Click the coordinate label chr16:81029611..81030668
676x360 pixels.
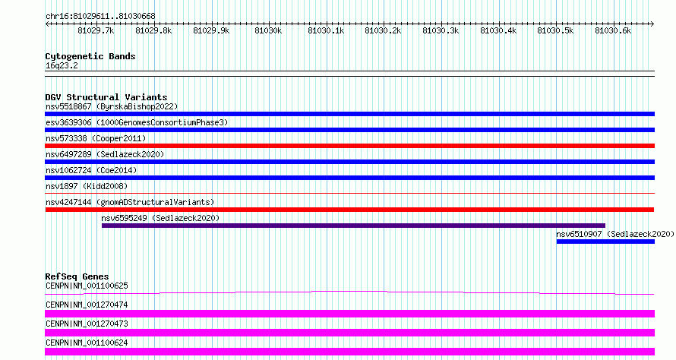pos(100,17)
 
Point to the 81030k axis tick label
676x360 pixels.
pos(268,30)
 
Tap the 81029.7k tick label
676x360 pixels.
pos(96,30)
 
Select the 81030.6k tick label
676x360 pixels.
pos(613,30)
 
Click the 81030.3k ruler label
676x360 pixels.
pos(441,30)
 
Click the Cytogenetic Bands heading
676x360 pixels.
pos(90,56)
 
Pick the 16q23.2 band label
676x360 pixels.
pos(62,65)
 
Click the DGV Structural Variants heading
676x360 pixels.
pos(106,97)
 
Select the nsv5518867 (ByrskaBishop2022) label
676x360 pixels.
pos(112,106)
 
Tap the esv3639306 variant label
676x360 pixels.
pos(68,122)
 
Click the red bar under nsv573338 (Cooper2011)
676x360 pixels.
pos(349,146)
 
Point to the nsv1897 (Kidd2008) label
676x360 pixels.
pos(87,186)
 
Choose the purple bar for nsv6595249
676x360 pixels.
pos(353,226)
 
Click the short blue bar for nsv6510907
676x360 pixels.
pos(605,242)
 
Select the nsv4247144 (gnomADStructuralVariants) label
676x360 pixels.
pos(130,202)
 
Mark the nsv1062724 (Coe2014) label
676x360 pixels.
pos(91,170)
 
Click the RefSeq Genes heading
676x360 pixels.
pos(77,276)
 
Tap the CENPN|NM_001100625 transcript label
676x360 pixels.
pos(87,286)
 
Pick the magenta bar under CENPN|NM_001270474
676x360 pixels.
pos(349,314)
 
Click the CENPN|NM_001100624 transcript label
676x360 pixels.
pos(87,343)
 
